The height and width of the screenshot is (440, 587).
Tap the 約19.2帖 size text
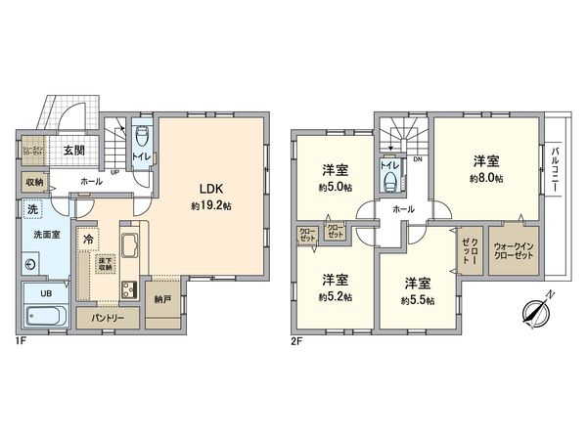coord(211,207)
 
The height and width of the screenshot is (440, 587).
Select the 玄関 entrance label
coord(72,151)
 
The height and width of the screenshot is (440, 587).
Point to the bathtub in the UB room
coord(44,316)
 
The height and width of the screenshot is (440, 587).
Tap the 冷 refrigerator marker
coord(89,240)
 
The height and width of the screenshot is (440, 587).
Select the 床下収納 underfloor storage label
coord(106,262)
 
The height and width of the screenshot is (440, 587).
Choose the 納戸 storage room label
coord(160,300)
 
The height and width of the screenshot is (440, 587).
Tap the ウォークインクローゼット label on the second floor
coord(515,250)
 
